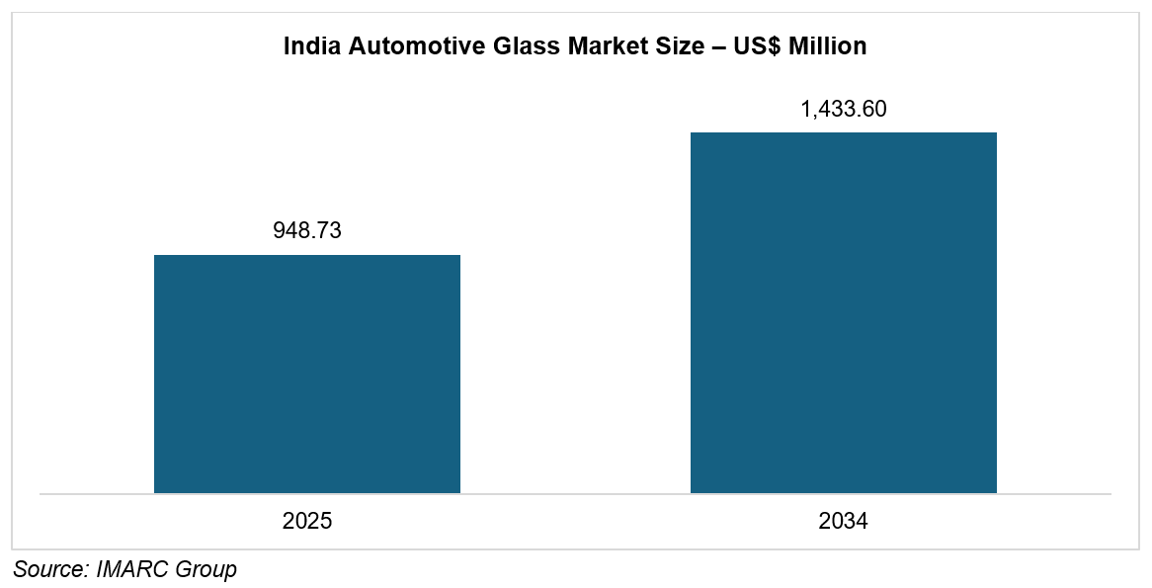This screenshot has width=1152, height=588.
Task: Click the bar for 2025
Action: click(307, 375)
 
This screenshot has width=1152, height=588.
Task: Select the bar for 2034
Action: click(844, 312)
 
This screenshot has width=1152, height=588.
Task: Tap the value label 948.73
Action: click(307, 231)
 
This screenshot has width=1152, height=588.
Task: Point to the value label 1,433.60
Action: click(844, 109)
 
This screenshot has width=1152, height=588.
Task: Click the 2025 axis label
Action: click(307, 521)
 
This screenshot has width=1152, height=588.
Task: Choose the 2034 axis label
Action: click(844, 521)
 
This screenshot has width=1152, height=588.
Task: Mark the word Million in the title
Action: click(828, 46)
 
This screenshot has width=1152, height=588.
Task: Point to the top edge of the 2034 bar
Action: click(844, 132)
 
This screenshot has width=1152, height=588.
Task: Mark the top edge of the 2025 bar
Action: click(307, 255)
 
